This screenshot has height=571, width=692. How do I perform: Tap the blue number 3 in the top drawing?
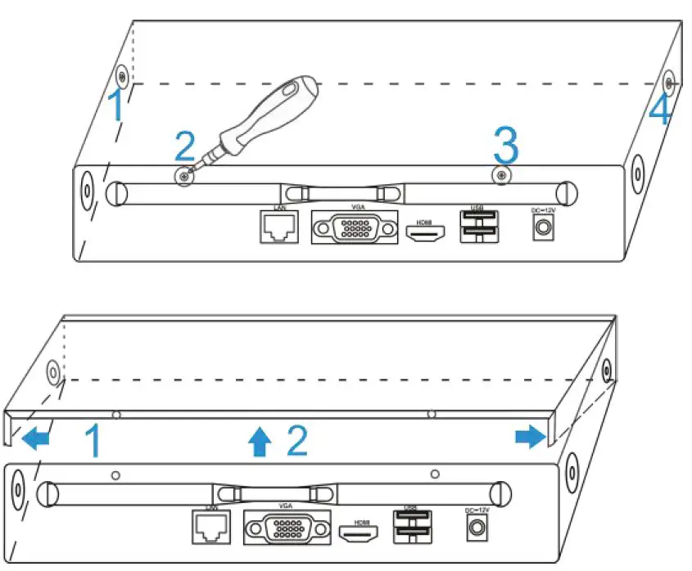click(505, 146)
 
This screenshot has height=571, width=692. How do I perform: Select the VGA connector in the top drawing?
click(354, 228)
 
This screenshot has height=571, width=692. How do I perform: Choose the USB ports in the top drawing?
click(477, 227)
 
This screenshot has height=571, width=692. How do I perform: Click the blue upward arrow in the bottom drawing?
click(260, 442)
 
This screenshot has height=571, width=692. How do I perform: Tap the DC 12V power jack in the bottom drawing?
click(474, 528)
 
